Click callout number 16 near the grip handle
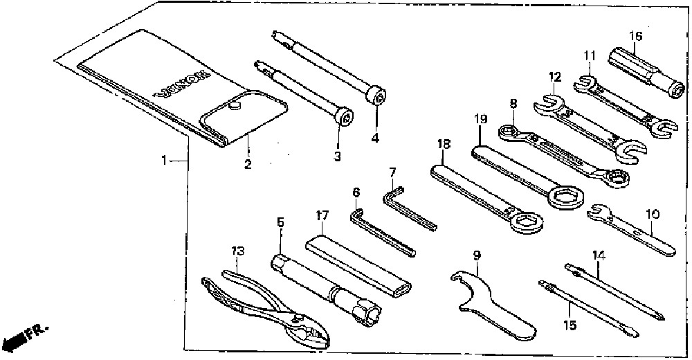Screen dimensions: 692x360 tap(636, 35)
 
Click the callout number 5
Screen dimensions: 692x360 tap(280, 223)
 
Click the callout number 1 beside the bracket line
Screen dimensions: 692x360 tap(164, 161)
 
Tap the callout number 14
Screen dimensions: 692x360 tap(599, 255)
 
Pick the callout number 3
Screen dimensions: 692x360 tap(337, 156)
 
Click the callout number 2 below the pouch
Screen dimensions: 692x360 tap(248, 164)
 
